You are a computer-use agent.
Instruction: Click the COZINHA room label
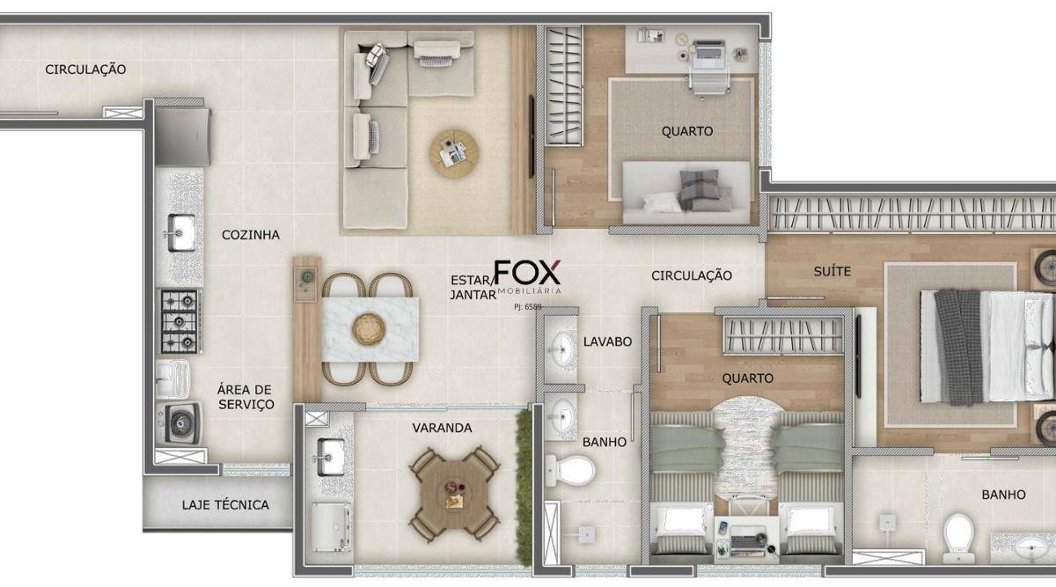click(x=250, y=235)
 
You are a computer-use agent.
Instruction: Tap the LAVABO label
click(x=607, y=341)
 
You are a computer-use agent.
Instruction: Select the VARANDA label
click(x=442, y=428)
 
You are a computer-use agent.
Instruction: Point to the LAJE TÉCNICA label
click(x=225, y=505)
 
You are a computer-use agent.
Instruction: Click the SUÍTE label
click(x=832, y=271)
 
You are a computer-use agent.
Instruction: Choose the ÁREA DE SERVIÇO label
click(x=246, y=397)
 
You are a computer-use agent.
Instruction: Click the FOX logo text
click(x=527, y=273)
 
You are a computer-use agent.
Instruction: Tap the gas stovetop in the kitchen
click(x=180, y=321)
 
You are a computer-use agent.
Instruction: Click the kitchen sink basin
click(x=181, y=233)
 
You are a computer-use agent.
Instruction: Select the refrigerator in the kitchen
click(x=183, y=136)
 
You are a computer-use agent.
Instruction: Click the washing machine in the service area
click(x=180, y=423)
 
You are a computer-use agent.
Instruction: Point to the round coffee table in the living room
click(x=454, y=154)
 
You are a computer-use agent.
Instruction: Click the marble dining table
click(x=370, y=329)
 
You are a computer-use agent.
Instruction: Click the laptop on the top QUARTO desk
click(x=708, y=49)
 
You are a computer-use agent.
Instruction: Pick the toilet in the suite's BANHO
click(x=958, y=537)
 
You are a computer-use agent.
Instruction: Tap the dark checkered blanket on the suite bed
click(x=958, y=347)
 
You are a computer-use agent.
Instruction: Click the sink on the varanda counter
click(x=330, y=458)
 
